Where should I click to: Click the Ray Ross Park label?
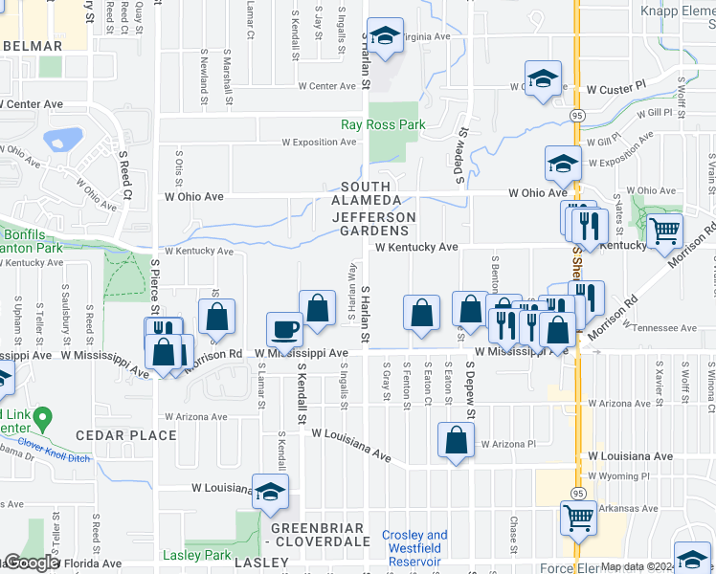[383, 124]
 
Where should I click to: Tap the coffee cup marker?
[284, 331]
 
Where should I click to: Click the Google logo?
[31, 563]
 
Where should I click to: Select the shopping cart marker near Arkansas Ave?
[578, 518]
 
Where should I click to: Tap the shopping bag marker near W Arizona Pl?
[457, 440]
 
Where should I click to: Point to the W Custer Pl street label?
[615, 89]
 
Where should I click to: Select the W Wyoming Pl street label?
[618, 475]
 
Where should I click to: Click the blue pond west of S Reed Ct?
[61, 140]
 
